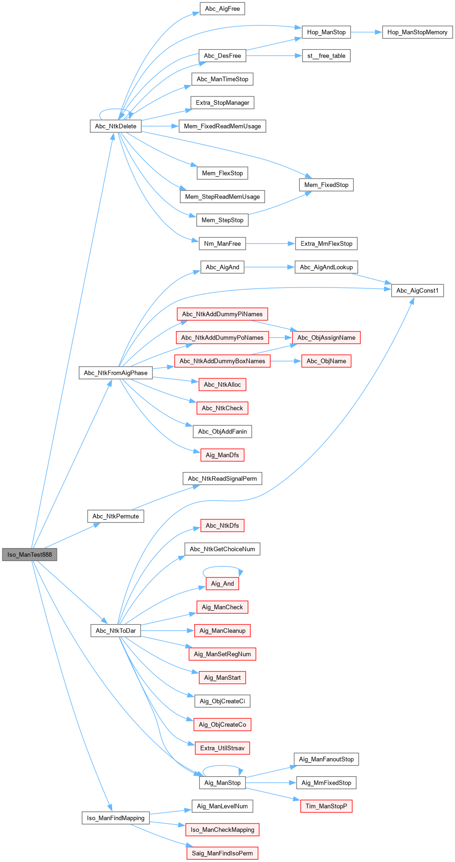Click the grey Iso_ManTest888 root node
(30, 555)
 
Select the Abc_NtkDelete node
(115, 126)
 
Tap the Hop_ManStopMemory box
(417, 32)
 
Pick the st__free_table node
(326, 56)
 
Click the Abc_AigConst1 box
(417, 291)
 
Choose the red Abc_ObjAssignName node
(326, 338)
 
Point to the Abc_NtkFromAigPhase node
(115, 373)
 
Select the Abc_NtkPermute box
(115, 516)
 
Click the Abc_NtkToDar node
(115, 631)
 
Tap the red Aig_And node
(222, 583)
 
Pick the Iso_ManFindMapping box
(115, 818)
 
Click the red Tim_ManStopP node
(326, 806)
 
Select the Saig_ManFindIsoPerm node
(222, 853)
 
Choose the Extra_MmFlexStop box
(326, 243)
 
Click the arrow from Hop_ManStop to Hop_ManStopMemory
(366, 32)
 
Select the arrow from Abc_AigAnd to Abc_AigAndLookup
(269, 267)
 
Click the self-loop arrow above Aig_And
(222, 567)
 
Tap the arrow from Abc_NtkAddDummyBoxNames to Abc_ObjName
(285, 361)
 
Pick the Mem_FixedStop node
(326, 185)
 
